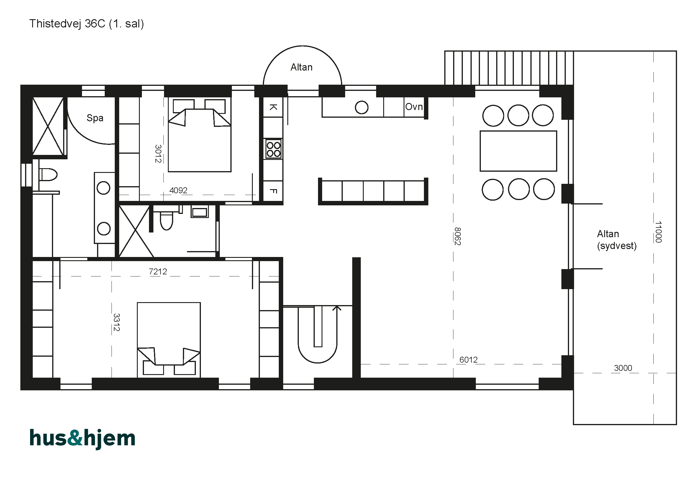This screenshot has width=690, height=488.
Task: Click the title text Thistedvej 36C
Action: pyautogui.click(x=67, y=23)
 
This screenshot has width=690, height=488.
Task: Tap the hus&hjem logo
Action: pyautogui.click(x=83, y=439)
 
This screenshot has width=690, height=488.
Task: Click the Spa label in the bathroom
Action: pyautogui.click(x=95, y=118)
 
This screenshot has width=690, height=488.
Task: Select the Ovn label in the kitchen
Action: pyautogui.click(x=414, y=107)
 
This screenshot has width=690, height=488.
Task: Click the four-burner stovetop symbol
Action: pyautogui.click(x=273, y=149)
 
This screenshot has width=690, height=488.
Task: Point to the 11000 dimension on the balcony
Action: pyautogui.click(x=658, y=232)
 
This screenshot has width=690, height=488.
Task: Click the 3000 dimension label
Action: pyautogui.click(x=623, y=368)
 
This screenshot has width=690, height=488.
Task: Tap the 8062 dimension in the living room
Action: pyautogui.click(x=458, y=236)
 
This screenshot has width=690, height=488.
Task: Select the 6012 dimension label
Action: pyautogui.click(x=468, y=360)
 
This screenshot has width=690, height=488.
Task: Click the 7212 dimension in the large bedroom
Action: pyautogui.click(x=158, y=272)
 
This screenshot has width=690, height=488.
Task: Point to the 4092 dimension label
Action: pyautogui.click(x=178, y=190)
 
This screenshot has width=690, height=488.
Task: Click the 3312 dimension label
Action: pyautogui.click(x=117, y=322)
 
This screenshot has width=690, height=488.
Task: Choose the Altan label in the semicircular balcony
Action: pyautogui.click(x=301, y=67)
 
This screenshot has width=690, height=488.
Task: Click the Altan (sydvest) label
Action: pyautogui.click(x=617, y=240)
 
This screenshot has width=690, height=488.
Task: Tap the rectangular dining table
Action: pyautogui.click(x=518, y=151)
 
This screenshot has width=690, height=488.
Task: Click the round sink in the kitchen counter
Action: pyautogui.click(x=362, y=107)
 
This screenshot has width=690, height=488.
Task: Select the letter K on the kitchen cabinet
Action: pyautogui.click(x=273, y=107)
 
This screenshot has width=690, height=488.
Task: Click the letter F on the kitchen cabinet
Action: pyautogui.click(x=273, y=191)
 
